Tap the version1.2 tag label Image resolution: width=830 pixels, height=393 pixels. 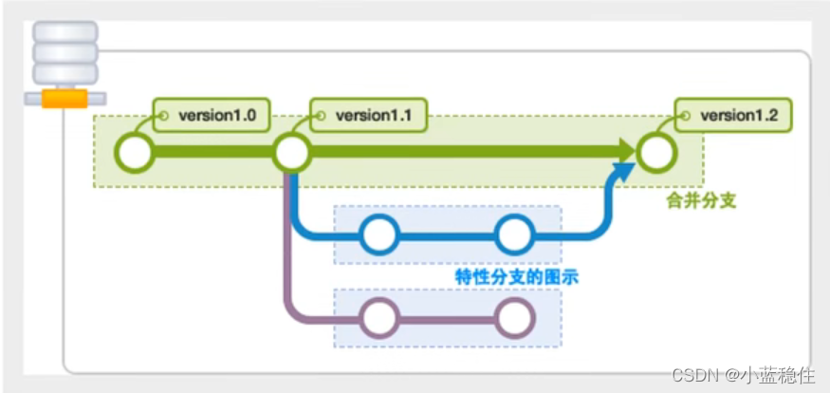(x=733, y=117)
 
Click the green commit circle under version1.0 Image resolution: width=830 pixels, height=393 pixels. (x=136, y=152)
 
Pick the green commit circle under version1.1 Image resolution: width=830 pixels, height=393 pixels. (x=292, y=152)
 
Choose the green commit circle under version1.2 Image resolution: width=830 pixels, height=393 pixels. (x=656, y=152)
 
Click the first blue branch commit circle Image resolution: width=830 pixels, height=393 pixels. (x=379, y=234)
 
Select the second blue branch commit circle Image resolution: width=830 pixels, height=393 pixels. (x=515, y=234)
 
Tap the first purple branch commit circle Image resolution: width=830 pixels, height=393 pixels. (x=379, y=318)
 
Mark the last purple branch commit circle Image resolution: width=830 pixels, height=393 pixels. (x=515, y=318)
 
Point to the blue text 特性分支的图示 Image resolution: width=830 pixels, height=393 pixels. (x=516, y=276)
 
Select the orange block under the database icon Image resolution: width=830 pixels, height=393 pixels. (x=65, y=98)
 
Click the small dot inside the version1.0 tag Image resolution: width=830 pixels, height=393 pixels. (x=162, y=117)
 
